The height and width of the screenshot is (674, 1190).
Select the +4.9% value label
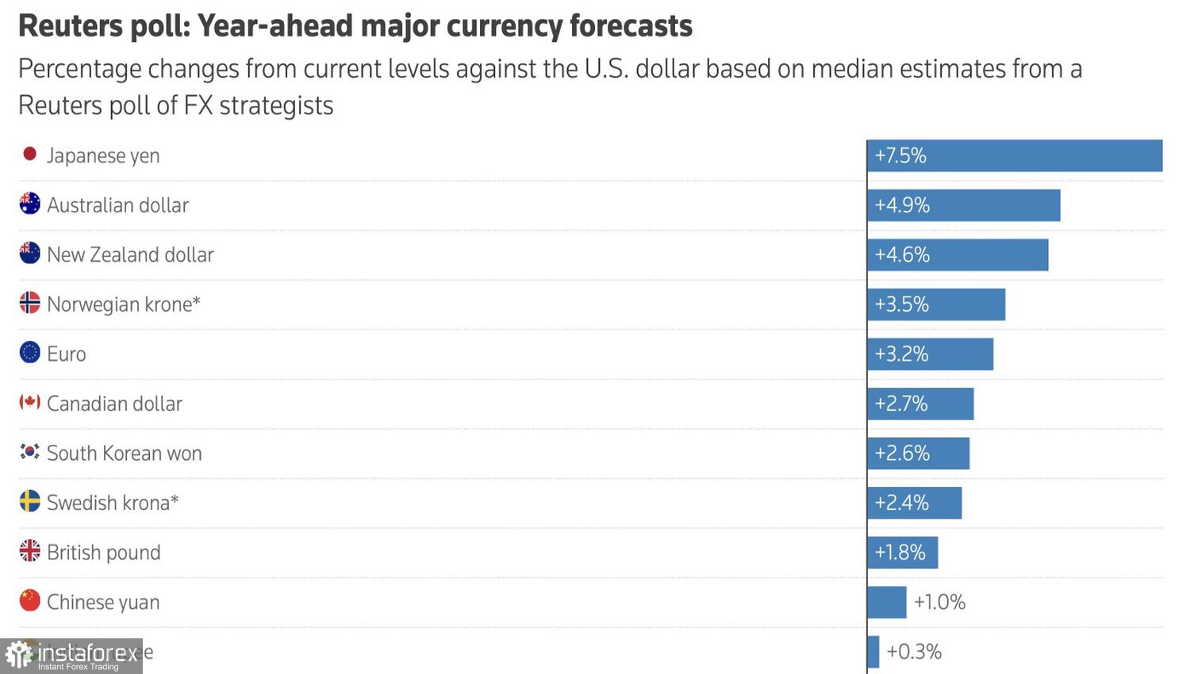point(902,205)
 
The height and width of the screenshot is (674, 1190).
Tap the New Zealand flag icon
point(29,254)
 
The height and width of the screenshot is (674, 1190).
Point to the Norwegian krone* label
point(123,304)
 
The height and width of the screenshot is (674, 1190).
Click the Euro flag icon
point(29,353)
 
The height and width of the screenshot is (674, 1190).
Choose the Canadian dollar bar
point(920,404)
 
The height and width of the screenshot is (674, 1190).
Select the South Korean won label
point(124,454)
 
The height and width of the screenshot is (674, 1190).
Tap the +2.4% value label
point(901,503)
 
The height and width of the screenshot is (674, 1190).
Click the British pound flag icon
point(29,551)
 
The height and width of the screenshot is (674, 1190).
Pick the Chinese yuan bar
point(887,603)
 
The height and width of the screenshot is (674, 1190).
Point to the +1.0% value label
point(939,603)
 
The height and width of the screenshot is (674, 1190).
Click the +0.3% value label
point(914,652)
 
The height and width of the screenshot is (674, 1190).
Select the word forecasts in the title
point(631,26)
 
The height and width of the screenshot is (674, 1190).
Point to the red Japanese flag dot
point(29,154)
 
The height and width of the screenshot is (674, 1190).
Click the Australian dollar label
point(117,205)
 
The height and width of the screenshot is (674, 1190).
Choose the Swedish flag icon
point(29,501)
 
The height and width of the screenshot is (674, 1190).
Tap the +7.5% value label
point(900,155)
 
